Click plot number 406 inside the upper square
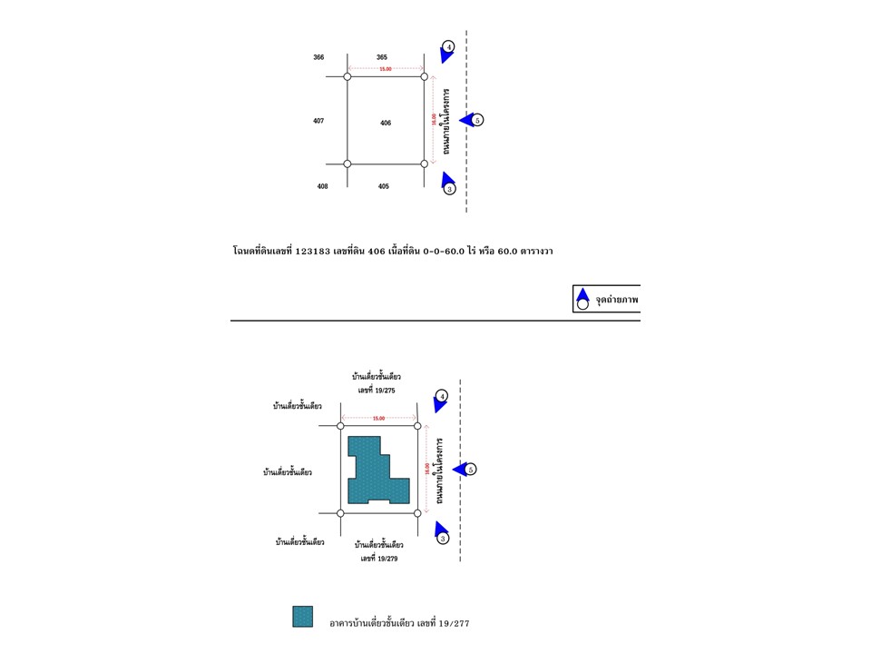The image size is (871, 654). [x=386, y=123]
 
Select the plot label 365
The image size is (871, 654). [x=382, y=57]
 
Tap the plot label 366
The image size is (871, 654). [x=319, y=57]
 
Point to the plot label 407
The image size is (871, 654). [x=318, y=121]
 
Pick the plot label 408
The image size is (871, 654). [x=322, y=186]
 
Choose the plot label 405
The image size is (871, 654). [x=384, y=186]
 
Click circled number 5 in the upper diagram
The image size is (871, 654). [x=478, y=120]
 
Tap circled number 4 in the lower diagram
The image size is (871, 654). [x=442, y=396]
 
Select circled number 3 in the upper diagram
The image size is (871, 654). [x=449, y=189]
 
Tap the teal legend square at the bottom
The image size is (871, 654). [x=302, y=617]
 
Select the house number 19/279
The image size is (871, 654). [x=379, y=559]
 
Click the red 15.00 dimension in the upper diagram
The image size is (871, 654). [x=386, y=69]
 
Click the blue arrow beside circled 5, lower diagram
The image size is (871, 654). [x=460, y=469]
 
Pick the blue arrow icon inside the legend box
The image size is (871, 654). [x=583, y=294]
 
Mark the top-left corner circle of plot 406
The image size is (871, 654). [x=347, y=77]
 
